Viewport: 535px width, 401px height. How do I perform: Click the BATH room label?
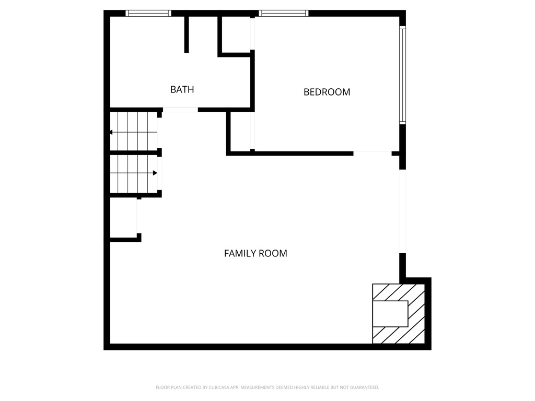tap(182, 89)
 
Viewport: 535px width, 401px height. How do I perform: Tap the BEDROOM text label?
tap(327, 92)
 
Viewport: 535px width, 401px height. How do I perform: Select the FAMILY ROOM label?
tap(255, 253)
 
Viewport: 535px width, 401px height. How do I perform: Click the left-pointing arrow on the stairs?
tap(111, 132)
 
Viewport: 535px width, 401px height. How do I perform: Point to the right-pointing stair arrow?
tap(155, 173)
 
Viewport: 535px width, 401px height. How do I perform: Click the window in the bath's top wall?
tap(148, 13)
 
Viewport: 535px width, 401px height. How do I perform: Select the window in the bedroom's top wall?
tap(283, 13)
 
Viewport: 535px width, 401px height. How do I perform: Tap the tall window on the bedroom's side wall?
tap(402, 74)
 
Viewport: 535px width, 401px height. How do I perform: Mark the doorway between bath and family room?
tap(180, 110)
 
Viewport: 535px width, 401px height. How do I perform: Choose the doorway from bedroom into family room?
tap(372, 153)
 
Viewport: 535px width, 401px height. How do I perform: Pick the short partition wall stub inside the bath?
tap(187, 34)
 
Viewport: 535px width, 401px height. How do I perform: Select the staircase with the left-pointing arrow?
tap(134, 132)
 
